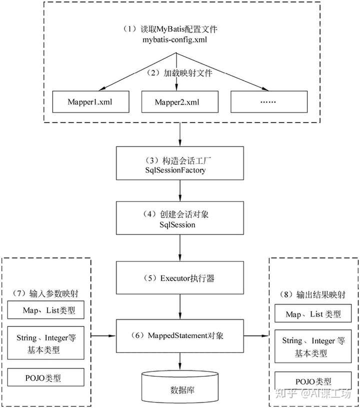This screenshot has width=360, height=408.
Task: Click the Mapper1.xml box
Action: (x=91, y=101)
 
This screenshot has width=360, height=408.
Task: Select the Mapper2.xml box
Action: (x=179, y=101)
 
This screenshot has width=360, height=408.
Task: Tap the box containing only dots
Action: (x=269, y=101)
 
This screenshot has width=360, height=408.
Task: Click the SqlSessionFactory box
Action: (x=179, y=163)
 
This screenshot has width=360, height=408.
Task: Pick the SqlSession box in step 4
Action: (x=179, y=218)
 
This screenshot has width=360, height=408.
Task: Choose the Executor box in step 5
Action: (x=179, y=277)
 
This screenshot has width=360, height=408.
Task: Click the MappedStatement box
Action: (x=179, y=336)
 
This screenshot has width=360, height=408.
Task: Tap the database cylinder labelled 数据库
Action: (x=179, y=387)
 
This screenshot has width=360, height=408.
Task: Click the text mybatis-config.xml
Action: (x=175, y=40)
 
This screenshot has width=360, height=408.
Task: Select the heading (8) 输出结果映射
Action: (x=313, y=294)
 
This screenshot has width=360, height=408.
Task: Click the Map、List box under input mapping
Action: (x=46, y=310)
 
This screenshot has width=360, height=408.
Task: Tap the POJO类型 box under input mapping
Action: (x=46, y=377)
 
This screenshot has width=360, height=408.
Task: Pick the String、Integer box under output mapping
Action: (x=313, y=346)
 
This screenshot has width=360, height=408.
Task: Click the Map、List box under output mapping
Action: (x=313, y=313)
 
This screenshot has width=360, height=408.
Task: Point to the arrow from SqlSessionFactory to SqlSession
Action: (x=179, y=190)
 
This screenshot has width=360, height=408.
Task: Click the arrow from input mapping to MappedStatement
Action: (x=103, y=336)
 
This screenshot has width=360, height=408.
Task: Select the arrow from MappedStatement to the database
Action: (x=179, y=361)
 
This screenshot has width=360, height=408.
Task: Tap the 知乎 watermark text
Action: (x=286, y=393)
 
